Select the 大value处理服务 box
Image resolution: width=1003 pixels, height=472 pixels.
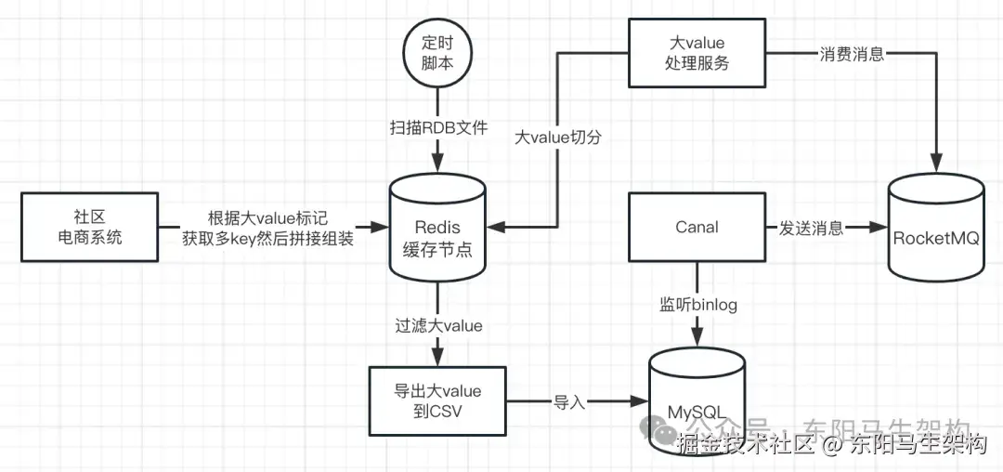tap(697, 53)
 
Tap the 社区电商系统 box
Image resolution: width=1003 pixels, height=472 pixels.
tap(89, 227)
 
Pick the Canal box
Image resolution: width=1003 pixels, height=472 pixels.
tap(697, 227)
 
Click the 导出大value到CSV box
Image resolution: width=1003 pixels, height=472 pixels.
tap(438, 401)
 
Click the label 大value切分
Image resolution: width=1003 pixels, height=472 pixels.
tap(558, 137)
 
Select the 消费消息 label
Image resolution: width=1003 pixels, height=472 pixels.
tap(852, 54)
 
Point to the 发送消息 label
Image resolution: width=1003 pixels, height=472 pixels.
tap(812, 228)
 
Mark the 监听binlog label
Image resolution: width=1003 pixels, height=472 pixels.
tap(698, 304)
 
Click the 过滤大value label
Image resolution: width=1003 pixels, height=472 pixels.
tap(438, 325)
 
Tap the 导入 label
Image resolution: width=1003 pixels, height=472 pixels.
tap(568, 401)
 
